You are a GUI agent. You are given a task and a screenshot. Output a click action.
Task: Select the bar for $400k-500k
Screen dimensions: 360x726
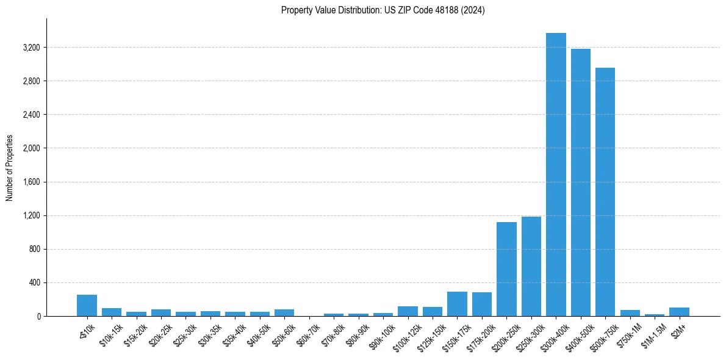pyautogui.click(x=580, y=182)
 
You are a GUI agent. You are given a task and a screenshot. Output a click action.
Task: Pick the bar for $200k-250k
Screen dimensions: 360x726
pyautogui.click(x=506, y=269)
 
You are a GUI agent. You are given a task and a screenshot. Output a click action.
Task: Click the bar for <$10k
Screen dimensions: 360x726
pyautogui.click(x=87, y=306)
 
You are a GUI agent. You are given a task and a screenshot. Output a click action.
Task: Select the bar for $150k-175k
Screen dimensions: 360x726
pyautogui.click(x=457, y=304)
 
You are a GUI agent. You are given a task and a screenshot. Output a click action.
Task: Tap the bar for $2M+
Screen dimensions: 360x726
pyautogui.click(x=679, y=312)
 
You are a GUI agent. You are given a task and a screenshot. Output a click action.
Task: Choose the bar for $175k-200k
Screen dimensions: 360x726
pyautogui.click(x=481, y=304)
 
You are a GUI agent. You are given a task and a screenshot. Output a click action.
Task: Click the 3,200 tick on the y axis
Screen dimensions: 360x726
pyautogui.click(x=31, y=48)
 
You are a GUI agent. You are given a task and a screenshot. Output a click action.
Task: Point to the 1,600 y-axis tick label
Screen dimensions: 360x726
pyautogui.click(x=31, y=182)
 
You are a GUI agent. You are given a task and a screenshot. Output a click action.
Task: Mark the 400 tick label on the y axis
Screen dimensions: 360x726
pyautogui.click(x=34, y=283)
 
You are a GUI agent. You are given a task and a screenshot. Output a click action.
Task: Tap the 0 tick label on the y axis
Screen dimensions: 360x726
pyautogui.click(x=38, y=317)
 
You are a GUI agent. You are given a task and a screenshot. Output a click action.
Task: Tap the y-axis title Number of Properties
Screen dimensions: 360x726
pyautogui.click(x=10, y=167)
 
